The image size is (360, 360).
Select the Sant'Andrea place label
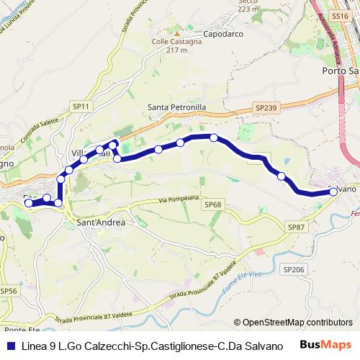click(x=101, y=223)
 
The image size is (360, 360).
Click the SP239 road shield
click(x=264, y=107)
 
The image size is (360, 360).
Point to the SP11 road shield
click(x=81, y=107)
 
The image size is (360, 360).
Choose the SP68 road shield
click(x=212, y=204)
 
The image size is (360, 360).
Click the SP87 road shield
click(x=296, y=227)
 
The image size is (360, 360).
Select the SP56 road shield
click(x=8, y=291)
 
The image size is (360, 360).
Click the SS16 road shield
click(x=340, y=14)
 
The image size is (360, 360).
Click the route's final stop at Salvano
click(x=333, y=192)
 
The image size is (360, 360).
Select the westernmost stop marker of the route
click(x=30, y=203)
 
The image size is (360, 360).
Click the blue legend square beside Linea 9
click(x=10, y=345)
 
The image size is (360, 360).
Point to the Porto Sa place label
click(x=338, y=72)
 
